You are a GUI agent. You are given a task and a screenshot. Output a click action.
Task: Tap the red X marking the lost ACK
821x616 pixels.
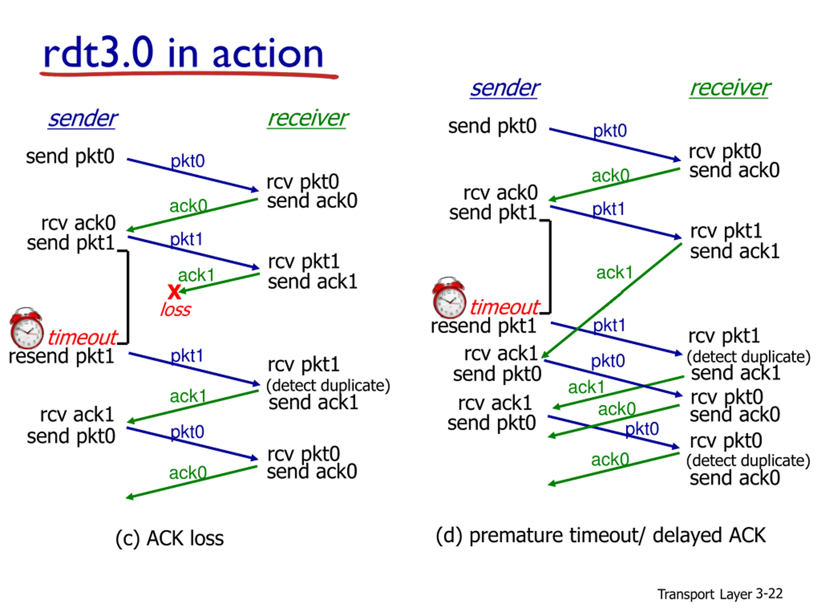174,292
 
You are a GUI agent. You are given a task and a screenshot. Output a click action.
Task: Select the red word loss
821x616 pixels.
175,310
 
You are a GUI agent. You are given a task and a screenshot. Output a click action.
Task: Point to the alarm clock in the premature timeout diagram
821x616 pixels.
449,298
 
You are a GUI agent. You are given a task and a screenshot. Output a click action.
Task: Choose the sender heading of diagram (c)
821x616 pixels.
83,119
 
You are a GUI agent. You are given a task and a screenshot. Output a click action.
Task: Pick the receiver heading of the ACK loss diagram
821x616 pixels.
308,119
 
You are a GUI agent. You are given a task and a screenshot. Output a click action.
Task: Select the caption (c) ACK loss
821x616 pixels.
170,538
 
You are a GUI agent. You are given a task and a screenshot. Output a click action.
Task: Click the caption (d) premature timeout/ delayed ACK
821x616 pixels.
601,535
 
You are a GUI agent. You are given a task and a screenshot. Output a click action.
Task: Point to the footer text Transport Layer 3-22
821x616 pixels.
720,594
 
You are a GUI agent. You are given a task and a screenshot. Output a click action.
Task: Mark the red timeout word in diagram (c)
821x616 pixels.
82,338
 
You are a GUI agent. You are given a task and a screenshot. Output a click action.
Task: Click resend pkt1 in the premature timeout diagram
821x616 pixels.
483,326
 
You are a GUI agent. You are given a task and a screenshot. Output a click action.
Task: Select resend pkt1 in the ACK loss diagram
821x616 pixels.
61,356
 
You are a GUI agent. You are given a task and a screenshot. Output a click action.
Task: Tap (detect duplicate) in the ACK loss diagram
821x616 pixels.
328,385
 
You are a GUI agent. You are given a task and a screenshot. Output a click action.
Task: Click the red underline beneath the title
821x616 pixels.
189,75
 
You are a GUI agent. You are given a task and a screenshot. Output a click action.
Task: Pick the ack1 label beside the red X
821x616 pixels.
196,275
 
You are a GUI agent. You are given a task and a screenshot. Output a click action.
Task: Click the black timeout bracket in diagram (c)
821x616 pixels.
128,297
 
